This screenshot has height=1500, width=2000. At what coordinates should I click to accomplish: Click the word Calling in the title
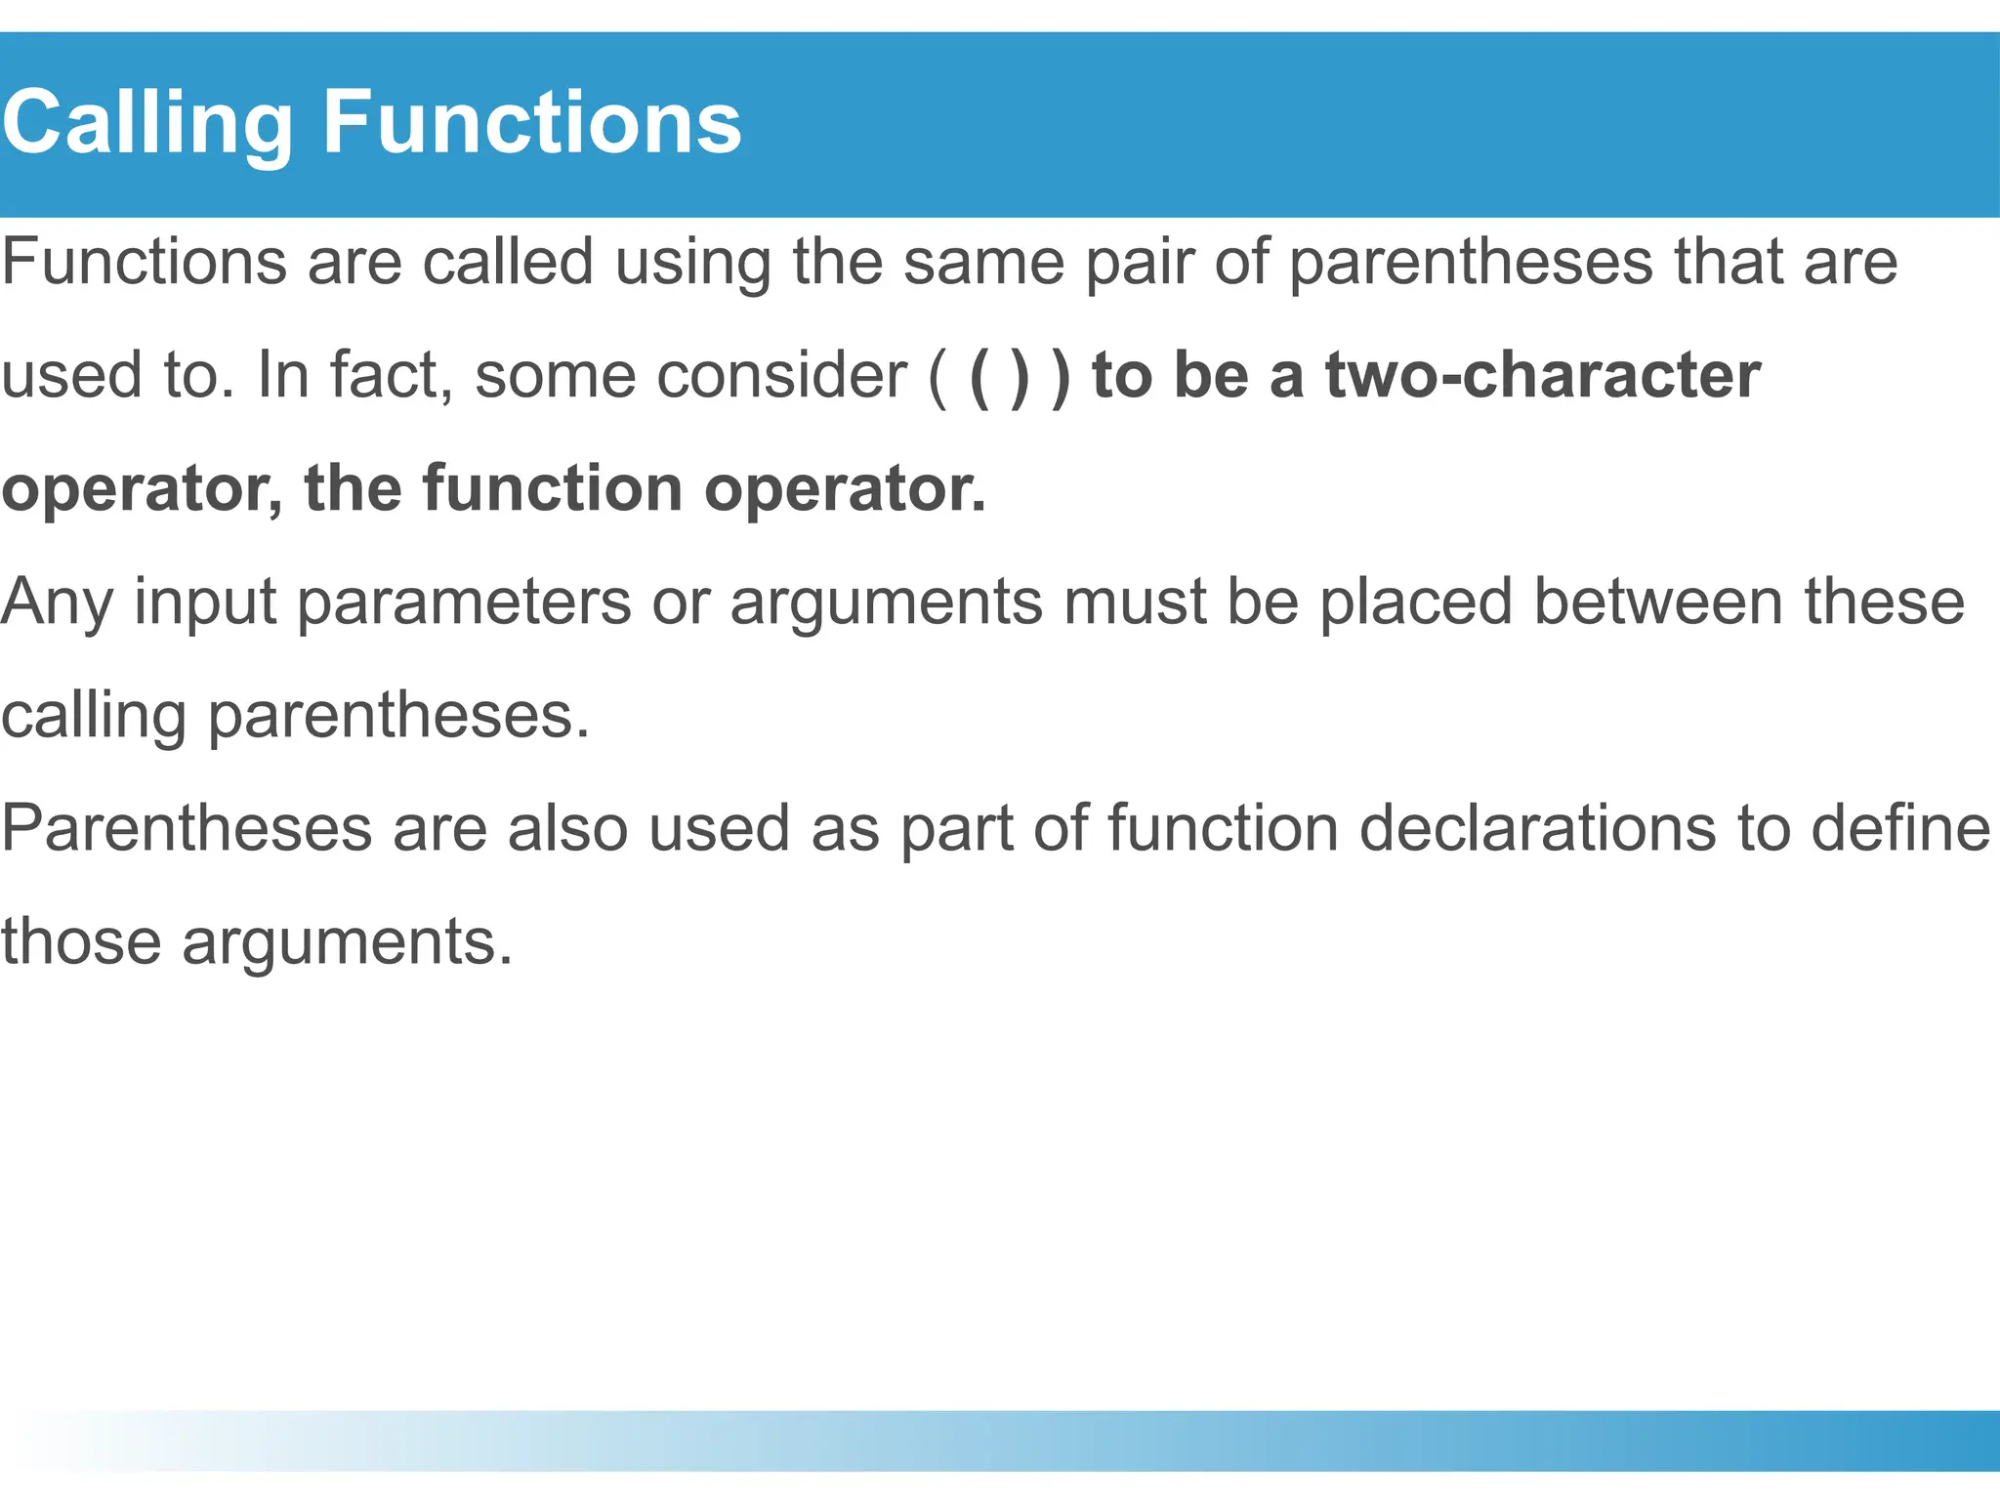click(146, 123)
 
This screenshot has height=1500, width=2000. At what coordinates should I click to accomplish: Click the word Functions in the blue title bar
click(531, 123)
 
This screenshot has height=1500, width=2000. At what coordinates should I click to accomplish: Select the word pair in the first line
click(1140, 264)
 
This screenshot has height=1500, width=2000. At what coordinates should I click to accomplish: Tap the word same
click(983, 264)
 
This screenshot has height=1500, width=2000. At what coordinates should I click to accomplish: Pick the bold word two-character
click(1542, 375)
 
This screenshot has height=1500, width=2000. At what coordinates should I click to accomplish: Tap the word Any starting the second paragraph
click(57, 603)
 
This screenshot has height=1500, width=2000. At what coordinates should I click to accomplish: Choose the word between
click(1658, 603)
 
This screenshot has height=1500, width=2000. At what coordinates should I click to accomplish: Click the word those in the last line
click(81, 941)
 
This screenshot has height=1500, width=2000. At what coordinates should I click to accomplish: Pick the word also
click(567, 828)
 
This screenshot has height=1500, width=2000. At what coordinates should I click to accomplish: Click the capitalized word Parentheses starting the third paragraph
click(187, 828)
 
